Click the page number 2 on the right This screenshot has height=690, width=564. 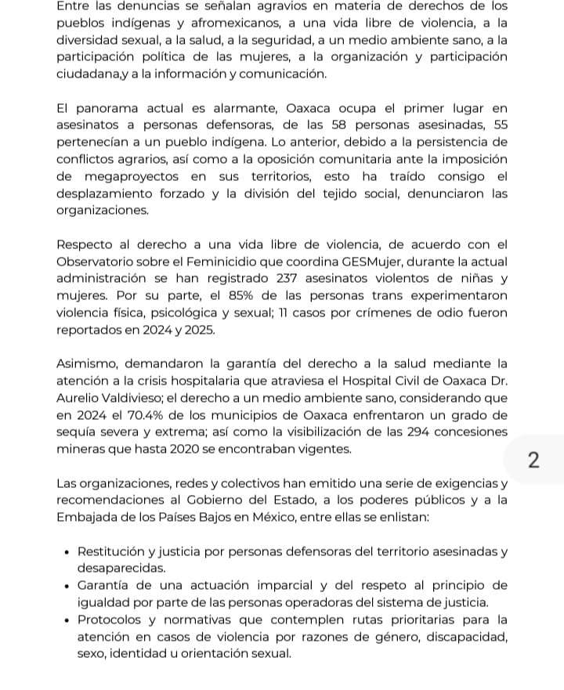534,461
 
